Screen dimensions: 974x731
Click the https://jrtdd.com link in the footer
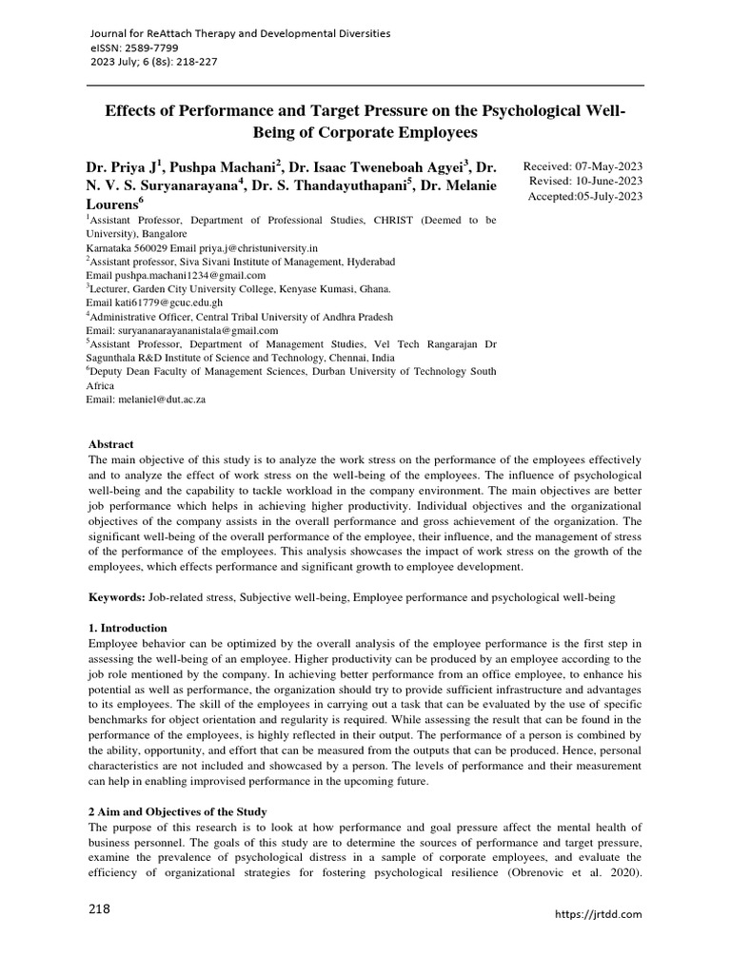[598, 914]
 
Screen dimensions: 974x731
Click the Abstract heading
[111, 444]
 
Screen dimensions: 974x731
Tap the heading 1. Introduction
[128, 628]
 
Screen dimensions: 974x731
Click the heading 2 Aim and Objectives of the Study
[178, 811]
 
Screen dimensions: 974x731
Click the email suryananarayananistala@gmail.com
[179, 330]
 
